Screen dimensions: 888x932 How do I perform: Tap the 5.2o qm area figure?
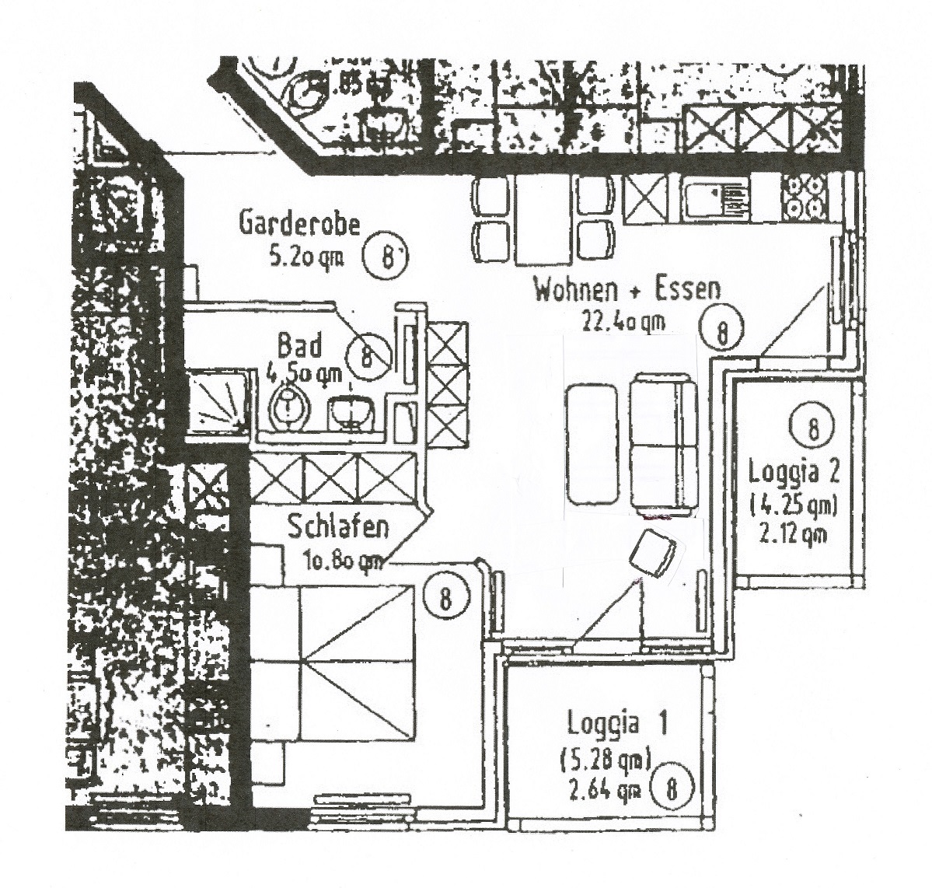tap(305, 257)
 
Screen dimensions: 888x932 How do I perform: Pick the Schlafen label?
tap(337, 528)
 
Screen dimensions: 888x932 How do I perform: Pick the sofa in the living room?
tap(662, 443)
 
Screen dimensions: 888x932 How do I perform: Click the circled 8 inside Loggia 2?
tap(812, 427)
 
